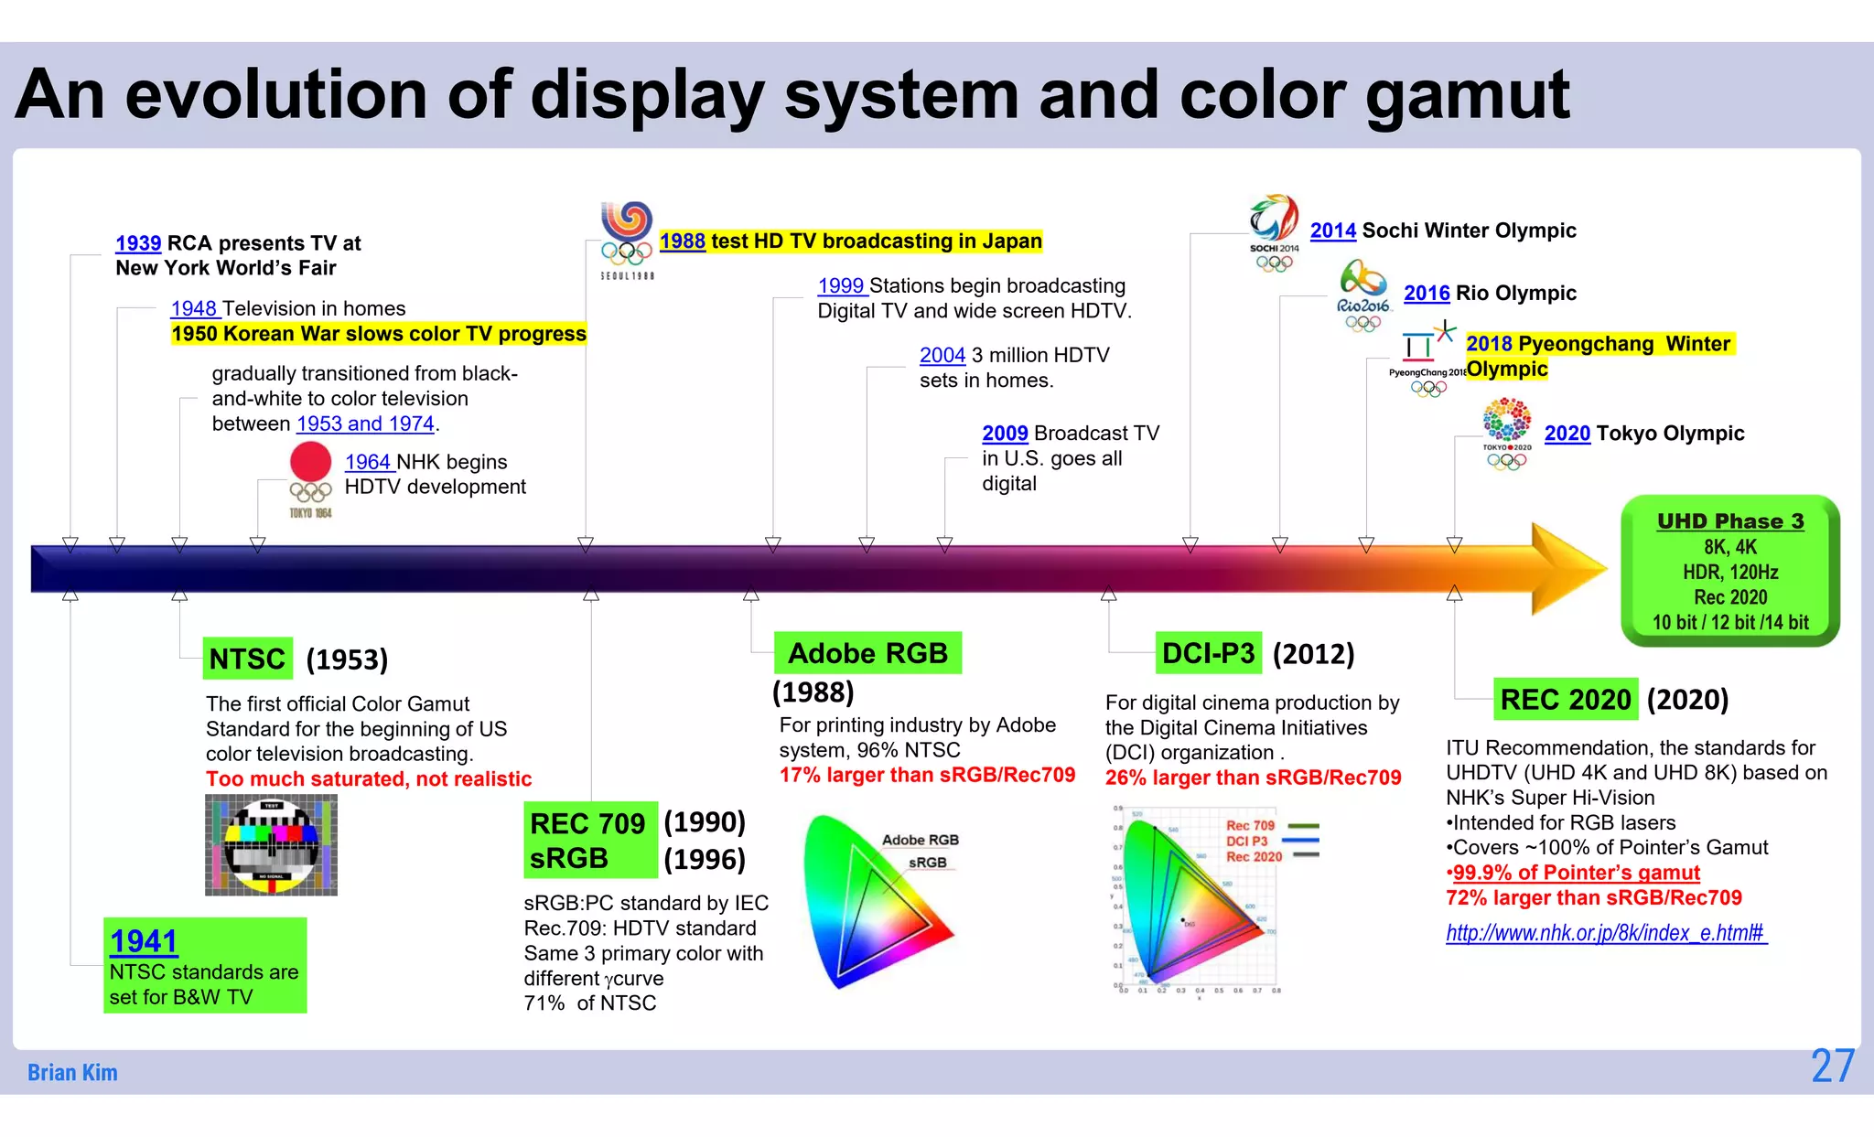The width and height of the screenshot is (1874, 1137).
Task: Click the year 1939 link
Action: click(x=138, y=243)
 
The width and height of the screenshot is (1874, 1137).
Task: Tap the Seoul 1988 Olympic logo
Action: click(x=627, y=238)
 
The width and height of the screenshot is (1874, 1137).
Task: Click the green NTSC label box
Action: click(x=248, y=659)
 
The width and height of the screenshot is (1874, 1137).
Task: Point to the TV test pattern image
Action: click(x=271, y=844)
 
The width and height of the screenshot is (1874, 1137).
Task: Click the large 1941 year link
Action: click(x=144, y=941)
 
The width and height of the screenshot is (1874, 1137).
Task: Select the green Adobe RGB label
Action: click(x=867, y=653)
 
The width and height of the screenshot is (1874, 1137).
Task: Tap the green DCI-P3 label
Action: click(x=1208, y=653)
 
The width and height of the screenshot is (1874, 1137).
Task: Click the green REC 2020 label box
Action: click(x=1566, y=700)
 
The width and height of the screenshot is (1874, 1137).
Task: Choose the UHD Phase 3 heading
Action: click(x=1729, y=521)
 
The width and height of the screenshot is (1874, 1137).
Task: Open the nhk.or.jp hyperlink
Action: click(x=1605, y=933)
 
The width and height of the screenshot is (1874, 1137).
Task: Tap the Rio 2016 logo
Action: click(x=1362, y=293)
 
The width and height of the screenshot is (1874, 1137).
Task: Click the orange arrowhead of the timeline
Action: click(x=1567, y=569)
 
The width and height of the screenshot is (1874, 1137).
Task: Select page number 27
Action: click(x=1832, y=1067)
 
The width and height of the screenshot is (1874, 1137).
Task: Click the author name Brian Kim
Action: click(x=72, y=1072)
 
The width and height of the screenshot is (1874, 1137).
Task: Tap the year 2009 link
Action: click(x=1005, y=434)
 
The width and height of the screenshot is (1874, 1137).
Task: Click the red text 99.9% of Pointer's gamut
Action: click(x=1575, y=873)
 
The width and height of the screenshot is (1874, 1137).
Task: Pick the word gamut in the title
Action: click(x=1467, y=96)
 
